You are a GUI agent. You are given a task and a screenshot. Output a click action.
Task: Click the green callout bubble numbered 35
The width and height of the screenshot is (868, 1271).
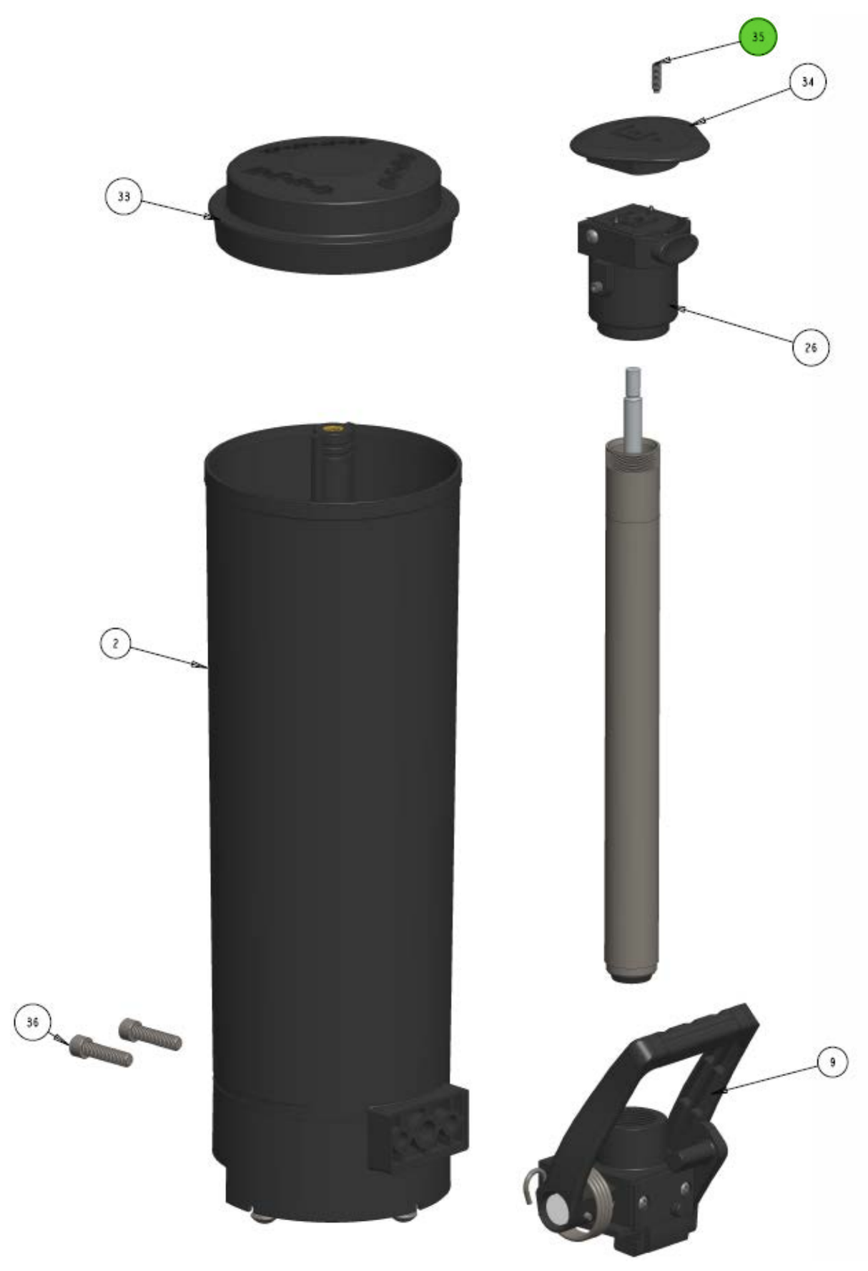757,36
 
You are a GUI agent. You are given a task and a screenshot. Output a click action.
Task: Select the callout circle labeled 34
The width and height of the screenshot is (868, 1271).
807,82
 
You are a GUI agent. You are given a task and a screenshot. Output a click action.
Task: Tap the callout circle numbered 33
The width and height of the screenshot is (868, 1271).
124,196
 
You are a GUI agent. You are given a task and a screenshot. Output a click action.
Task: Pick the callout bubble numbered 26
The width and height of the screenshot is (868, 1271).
810,347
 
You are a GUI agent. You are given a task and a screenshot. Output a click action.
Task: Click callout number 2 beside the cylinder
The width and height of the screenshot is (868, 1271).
115,643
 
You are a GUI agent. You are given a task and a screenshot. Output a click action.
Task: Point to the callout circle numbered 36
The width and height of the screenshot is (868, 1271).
32,1022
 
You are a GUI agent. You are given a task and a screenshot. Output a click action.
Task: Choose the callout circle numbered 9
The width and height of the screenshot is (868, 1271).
832,1062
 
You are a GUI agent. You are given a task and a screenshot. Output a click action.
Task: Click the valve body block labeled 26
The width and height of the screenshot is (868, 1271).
633,279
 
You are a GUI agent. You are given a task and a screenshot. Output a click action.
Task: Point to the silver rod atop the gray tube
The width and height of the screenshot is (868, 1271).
633,407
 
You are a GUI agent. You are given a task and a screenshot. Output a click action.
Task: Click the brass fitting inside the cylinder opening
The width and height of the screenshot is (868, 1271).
332,429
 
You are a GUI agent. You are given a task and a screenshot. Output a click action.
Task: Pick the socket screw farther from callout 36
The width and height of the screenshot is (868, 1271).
150,1034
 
